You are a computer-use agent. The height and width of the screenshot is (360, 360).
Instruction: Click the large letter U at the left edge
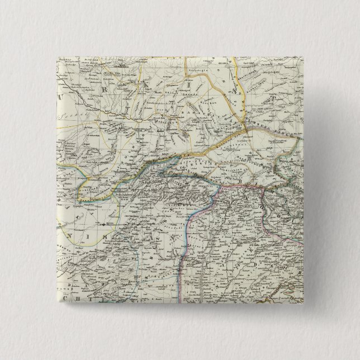click(x=60, y=96)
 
